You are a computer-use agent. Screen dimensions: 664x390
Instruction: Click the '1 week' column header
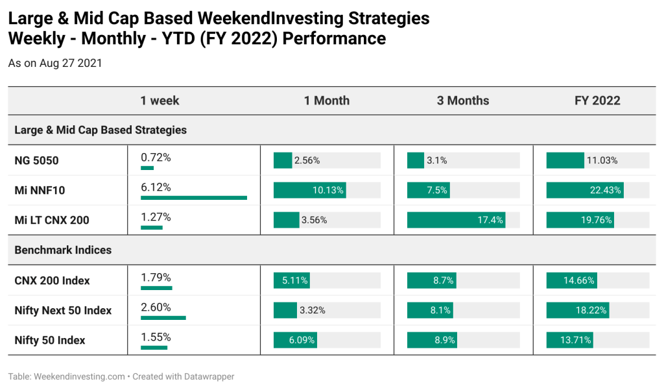click(x=160, y=101)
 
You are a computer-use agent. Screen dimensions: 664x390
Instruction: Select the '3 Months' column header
click(x=463, y=101)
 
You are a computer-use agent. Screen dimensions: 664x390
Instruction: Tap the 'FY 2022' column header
click(x=597, y=101)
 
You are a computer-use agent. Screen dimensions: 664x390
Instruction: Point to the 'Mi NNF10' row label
click(x=40, y=190)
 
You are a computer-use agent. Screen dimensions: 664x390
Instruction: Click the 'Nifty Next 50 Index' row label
click(x=63, y=310)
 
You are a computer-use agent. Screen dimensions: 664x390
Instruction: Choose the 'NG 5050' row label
click(x=36, y=161)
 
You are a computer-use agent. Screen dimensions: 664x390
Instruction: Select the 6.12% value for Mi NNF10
click(x=156, y=188)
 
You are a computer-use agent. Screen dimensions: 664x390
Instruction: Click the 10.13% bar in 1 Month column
click(x=309, y=190)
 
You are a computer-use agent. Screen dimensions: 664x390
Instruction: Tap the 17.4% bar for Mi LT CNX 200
click(x=456, y=220)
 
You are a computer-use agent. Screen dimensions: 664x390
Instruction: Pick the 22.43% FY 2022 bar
click(x=585, y=190)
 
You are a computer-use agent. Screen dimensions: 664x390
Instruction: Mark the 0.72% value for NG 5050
click(x=156, y=158)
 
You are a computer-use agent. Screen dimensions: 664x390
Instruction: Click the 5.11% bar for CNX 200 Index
click(x=292, y=280)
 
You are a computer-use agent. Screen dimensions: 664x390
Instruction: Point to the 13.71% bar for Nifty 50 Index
click(x=569, y=340)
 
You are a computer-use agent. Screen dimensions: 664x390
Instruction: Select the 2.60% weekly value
click(x=156, y=308)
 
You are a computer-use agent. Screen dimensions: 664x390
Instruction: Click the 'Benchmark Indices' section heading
click(x=63, y=250)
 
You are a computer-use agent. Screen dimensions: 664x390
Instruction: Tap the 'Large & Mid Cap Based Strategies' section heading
click(x=101, y=130)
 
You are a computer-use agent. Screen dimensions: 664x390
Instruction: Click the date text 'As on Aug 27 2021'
click(x=55, y=63)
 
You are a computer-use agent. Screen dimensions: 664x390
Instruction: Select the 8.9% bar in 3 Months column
click(x=432, y=340)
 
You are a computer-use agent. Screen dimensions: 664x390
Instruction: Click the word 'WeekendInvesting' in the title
click(x=270, y=18)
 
